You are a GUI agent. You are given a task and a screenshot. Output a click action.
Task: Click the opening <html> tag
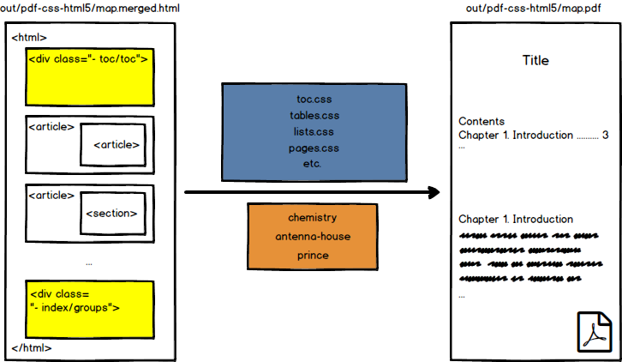point(29,38)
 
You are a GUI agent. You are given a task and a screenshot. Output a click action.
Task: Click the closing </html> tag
point(32,347)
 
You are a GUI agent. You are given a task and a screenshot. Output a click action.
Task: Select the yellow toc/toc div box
point(90,75)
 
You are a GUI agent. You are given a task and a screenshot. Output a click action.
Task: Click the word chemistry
point(312,218)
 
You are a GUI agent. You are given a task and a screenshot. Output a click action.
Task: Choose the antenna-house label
point(312,236)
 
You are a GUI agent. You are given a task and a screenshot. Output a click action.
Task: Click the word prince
point(312,255)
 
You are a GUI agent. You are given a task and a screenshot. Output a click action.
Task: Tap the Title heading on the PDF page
point(535,61)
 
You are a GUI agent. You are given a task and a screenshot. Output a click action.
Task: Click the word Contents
point(481,122)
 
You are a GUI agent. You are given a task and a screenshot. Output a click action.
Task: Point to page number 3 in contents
point(605,135)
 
